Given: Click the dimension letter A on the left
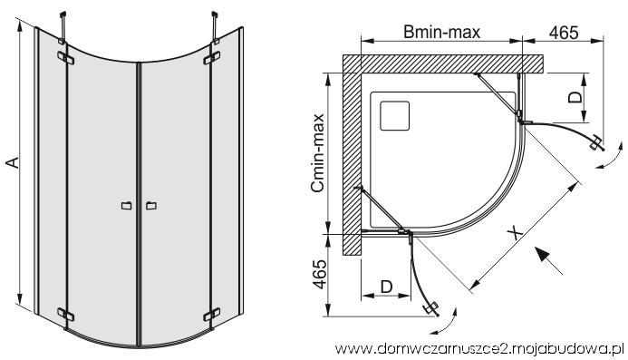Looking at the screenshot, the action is point(13,162).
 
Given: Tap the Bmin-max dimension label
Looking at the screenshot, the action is point(441,32).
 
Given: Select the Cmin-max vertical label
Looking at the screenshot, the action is point(318,152).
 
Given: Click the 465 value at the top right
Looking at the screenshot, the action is point(564,33).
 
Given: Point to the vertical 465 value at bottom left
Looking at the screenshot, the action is point(319,274).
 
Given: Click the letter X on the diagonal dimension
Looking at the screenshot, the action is point(516,233).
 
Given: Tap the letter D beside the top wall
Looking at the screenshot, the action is point(575,97).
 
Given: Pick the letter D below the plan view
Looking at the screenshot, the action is point(386,287).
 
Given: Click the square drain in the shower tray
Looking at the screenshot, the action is point(394,116).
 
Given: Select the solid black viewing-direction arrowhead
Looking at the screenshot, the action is point(543,255).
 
